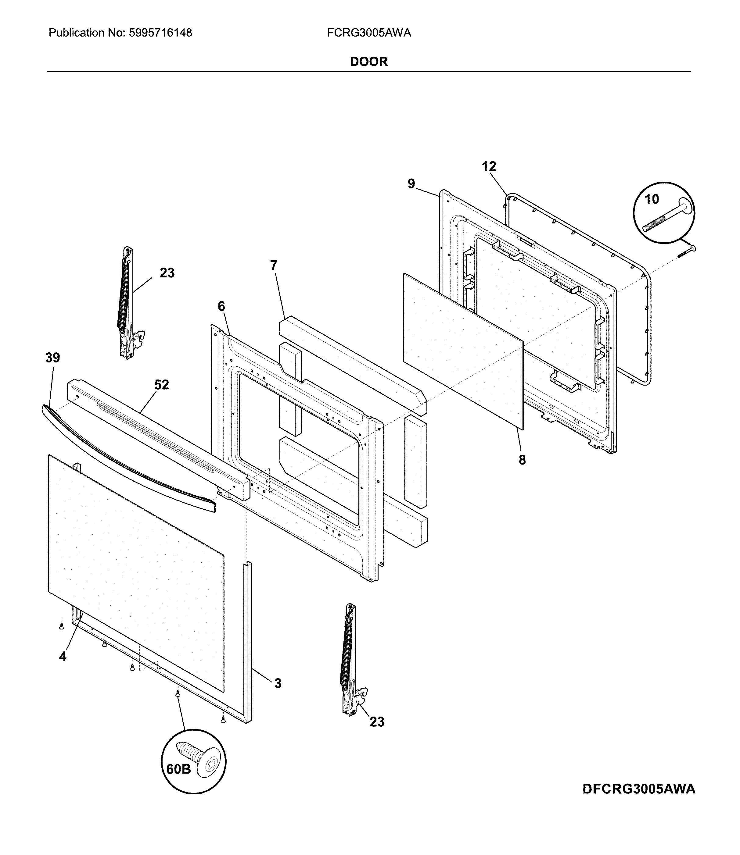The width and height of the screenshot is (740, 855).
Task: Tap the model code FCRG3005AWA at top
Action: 369,33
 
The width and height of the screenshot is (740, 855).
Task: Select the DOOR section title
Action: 369,62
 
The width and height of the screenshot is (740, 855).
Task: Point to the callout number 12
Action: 489,167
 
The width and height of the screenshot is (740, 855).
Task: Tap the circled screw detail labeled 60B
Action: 193,761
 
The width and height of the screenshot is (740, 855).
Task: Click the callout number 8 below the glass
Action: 523,460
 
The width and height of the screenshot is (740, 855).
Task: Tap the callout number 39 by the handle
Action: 52,358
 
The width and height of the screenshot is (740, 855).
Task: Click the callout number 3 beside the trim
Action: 278,683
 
